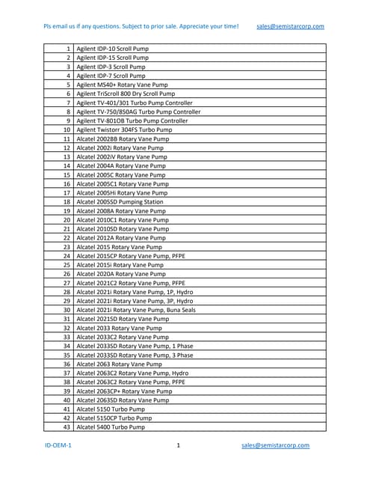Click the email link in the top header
point(290,26)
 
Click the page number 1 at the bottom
point(179,445)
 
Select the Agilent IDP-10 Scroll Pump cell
point(113,49)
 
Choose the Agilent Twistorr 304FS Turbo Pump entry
point(124,129)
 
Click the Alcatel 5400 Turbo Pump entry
point(111,427)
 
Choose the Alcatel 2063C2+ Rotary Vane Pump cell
point(124,391)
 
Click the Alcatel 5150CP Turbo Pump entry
point(114,418)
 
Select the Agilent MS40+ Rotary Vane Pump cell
point(123,85)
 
